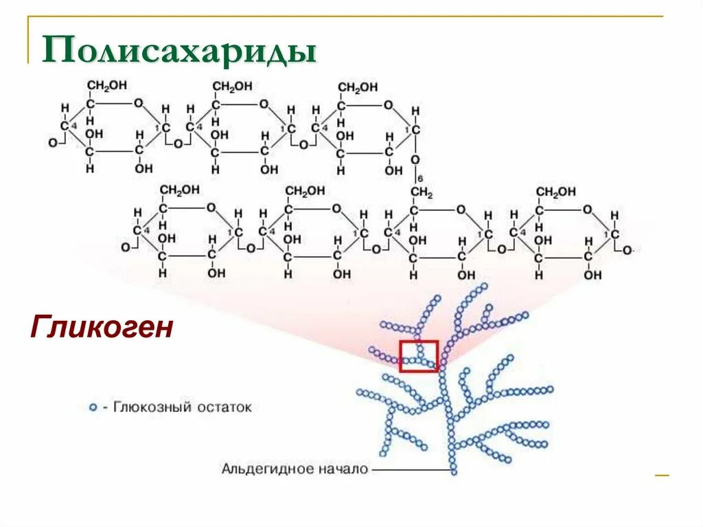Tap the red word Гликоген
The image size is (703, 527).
[x=100, y=328]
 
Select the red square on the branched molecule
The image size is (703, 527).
[x=419, y=356]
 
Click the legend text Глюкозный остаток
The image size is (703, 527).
[x=183, y=407]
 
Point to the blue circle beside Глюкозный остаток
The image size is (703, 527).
[x=93, y=407]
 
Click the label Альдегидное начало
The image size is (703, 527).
[x=295, y=469]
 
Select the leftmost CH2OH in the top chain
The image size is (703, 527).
[x=106, y=86]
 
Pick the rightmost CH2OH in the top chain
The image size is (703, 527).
[x=357, y=87]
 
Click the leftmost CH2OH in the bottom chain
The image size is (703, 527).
[x=179, y=190]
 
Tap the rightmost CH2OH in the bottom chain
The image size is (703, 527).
[x=556, y=191]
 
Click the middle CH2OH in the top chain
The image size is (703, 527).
[x=232, y=86]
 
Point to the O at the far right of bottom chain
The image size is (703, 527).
[x=627, y=249]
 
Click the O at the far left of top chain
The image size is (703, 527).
[x=52, y=143]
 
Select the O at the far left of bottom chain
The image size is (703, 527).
[x=125, y=247]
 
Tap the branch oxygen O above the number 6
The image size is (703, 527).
[x=415, y=160]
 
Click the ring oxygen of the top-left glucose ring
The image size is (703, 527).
[x=138, y=103]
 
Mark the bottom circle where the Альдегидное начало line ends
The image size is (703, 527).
[x=453, y=471]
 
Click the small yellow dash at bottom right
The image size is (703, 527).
[x=661, y=475]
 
